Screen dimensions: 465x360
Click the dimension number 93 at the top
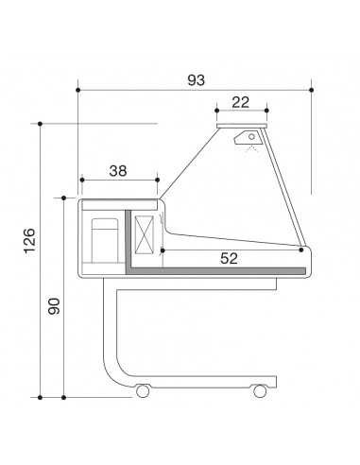point(195,80)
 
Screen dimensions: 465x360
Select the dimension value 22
point(241,102)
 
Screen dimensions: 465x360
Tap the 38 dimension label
point(119,170)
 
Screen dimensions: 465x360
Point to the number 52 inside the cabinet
point(229,257)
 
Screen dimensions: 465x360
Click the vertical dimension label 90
point(54,307)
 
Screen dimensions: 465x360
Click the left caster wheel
point(143,389)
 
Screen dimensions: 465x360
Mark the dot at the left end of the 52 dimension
point(163,250)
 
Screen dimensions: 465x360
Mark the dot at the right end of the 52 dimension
point(301,250)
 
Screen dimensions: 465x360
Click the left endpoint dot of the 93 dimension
point(77,90)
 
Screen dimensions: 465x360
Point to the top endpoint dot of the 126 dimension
point(41,123)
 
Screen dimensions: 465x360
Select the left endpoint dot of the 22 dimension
point(216,111)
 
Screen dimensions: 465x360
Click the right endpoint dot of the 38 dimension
point(157,178)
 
